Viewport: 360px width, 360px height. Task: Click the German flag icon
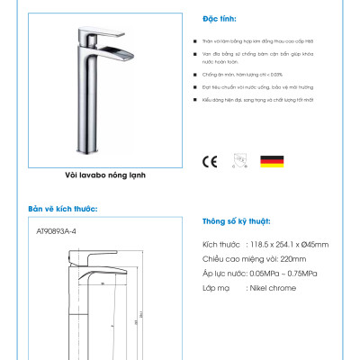[273, 162]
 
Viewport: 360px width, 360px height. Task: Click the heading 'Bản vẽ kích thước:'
[62, 209]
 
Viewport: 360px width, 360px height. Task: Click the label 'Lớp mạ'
[217, 288]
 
